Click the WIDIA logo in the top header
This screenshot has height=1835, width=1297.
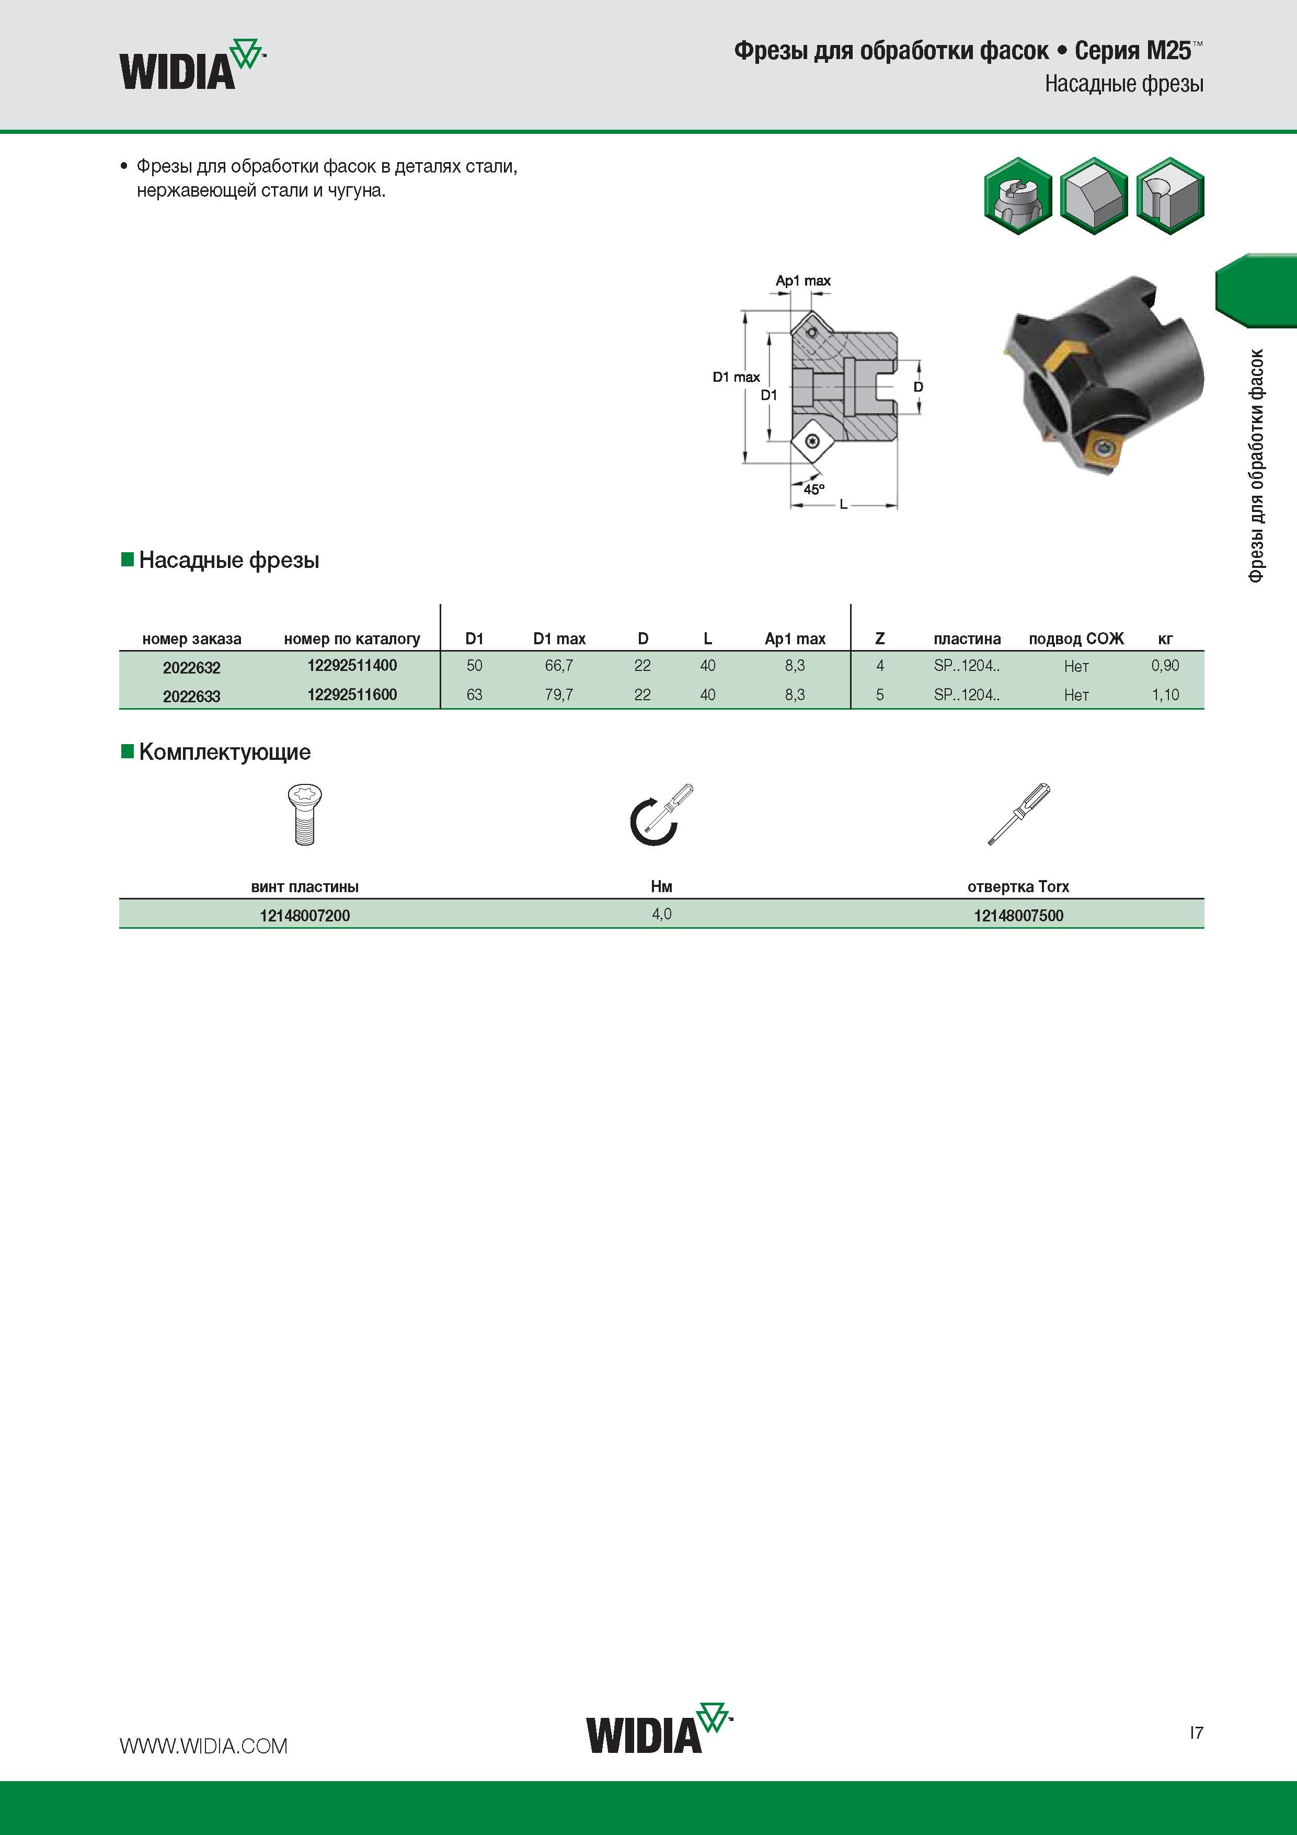click(192, 64)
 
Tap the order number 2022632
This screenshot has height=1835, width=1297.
click(192, 667)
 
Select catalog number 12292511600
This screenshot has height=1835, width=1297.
click(352, 694)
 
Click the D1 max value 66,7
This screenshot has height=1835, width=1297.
click(559, 666)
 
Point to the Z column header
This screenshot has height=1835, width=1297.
click(880, 639)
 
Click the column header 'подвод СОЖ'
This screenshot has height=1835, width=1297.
click(1076, 639)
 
